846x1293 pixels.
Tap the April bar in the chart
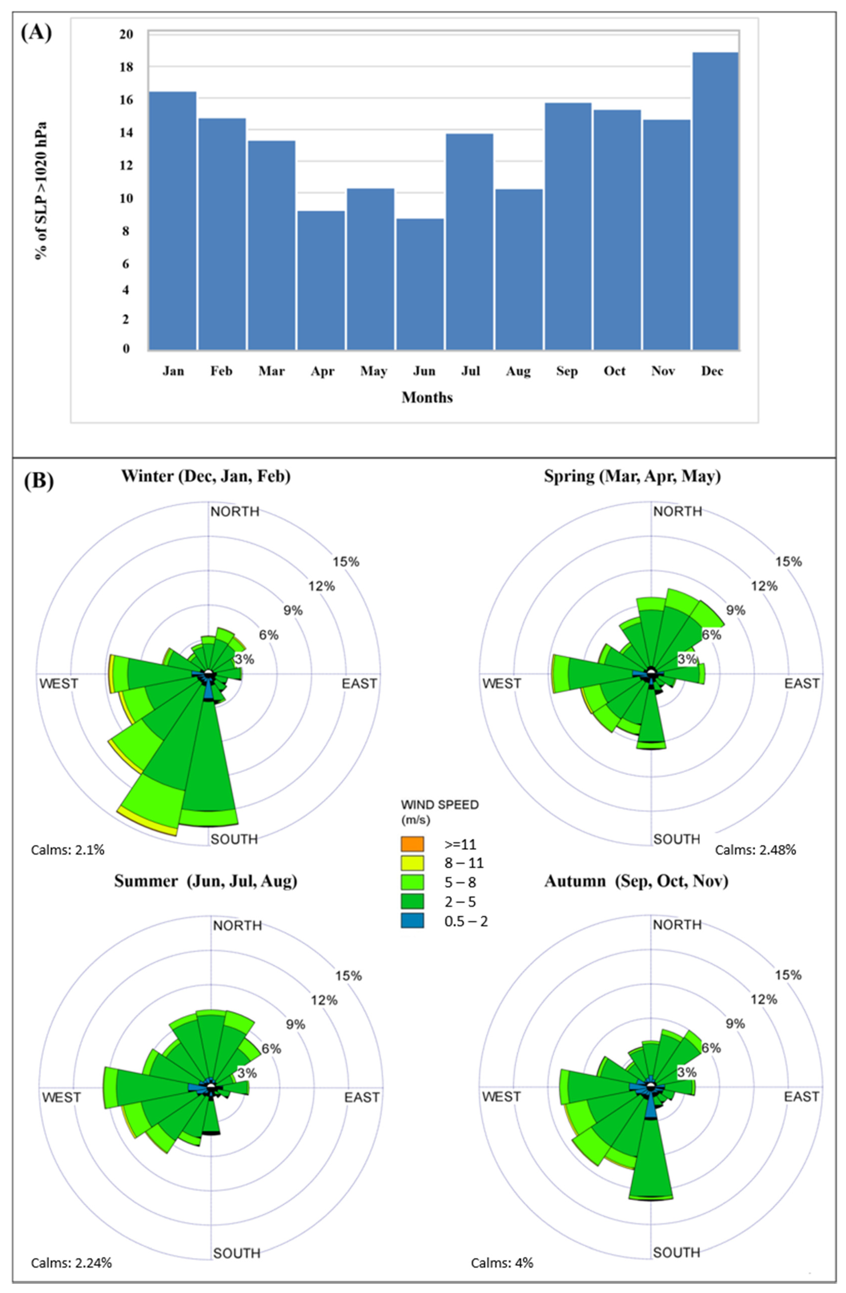tap(321, 280)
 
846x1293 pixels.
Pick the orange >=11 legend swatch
tap(412, 844)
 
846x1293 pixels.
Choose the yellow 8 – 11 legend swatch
tap(412, 863)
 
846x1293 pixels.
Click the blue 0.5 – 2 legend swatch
tap(412, 921)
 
